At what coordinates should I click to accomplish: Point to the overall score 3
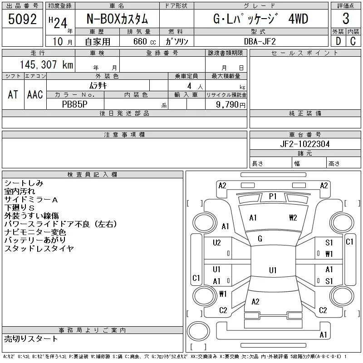(346, 19)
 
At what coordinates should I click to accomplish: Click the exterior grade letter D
(338, 40)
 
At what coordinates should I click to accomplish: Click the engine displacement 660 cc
(138, 41)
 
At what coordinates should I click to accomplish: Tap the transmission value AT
(13, 94)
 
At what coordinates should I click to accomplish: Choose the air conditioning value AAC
(35, 94)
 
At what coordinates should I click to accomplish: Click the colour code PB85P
(75, 104)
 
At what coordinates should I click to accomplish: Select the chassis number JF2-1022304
(305, 144)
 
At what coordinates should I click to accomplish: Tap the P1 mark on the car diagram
(273, 196)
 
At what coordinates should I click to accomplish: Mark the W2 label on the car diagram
(293, 217)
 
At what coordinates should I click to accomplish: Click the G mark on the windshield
(260, 239)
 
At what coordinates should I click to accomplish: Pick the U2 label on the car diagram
(216, 243)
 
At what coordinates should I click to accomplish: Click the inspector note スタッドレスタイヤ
(39, 248)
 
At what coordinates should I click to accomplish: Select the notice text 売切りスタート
(31, 338)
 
